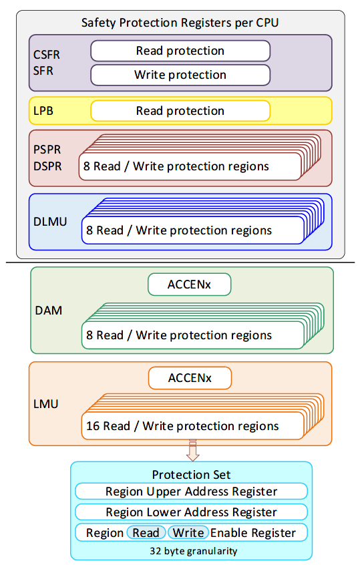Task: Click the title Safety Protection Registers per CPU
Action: [x=180, y=23]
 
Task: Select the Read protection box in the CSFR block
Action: [x=180, y=51]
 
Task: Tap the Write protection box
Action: [x=180, y=75]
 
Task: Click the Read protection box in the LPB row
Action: [x=180, y=111]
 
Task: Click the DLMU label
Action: [x=50, y=221]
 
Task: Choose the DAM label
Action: [x=48, y=311]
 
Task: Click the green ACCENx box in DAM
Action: [x=189, y=285]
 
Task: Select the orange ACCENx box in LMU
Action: [x=189, y=379]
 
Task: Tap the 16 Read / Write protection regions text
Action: [x=182, y=425]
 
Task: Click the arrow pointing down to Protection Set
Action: [x=192, y=451]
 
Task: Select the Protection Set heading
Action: [x=191, y=475]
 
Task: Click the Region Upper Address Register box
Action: [x=191, y=492]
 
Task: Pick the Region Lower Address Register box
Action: [x=191, y=512]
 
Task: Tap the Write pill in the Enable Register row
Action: [x=188, y=532]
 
